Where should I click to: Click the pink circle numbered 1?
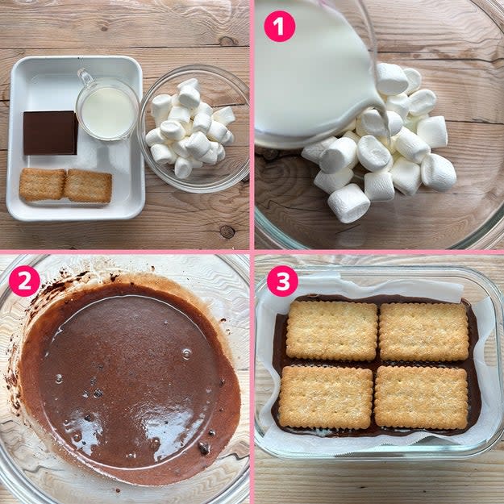(x=279, y=27)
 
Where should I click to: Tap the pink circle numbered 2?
(x=24, y=281)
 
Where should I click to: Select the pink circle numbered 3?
(x=282, y=281)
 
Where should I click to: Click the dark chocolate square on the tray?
(x=51, y=133)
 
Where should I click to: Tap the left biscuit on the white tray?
(x=43, y=185)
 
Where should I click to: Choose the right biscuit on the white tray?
(x=89, y=186)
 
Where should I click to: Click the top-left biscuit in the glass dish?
(x=331, y=331)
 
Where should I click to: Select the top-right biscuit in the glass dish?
(x=424, y=331)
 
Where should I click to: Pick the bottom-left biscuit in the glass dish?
(x=326, y=397)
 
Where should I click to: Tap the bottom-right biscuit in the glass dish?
(x=421, y=398)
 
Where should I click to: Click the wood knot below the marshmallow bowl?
(x=227, y=231)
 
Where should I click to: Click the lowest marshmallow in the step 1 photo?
(x=348, y=203)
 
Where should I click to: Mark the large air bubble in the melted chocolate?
(x=187, y=353)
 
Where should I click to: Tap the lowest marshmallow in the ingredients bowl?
(x=183, y=168)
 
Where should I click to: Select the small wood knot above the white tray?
(x=227, y=41)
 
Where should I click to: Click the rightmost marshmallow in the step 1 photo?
(x=439, y=173)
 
